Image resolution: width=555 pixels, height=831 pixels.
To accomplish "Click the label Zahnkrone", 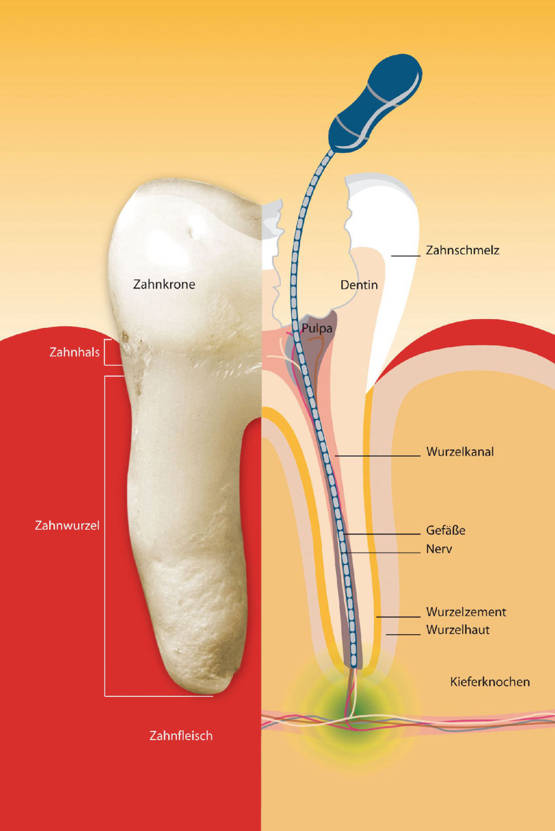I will pyautogui.click(x=164, y=284).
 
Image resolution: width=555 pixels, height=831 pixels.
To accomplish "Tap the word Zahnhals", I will pyautogui.click(x=75, y=352).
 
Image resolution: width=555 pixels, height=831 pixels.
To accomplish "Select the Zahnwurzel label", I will pyautogui.click(x=67, y=525).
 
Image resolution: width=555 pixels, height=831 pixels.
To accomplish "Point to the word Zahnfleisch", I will pyautogui.click(x=181, y=735).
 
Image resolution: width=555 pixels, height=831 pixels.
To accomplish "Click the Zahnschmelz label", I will pyautogui.click(x=462, y=250).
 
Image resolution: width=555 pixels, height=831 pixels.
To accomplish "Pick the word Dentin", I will pyautogui.click(x=359, y=285).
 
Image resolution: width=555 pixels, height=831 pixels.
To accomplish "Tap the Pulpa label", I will pyautogui.click(x=317, y=328).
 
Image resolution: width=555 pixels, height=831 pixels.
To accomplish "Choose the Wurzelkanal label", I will pyautogui.click(x=460, y=452).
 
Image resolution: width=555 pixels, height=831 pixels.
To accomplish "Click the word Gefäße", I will pyautogui.click(x=446, y=530).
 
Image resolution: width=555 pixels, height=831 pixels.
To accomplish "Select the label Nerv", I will pyautogui.click(x=439, y=549).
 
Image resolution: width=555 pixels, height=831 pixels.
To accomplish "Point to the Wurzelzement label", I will pyautogui.click(x=466, y=612).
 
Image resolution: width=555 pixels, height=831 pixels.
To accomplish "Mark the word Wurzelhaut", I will pyautogui.click(x=458, y=630).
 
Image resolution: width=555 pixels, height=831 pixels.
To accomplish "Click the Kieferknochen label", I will pyautogui.click(x=490, y=682).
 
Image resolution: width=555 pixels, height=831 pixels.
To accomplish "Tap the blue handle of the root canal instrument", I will pyautogui.click(x=375, y=103).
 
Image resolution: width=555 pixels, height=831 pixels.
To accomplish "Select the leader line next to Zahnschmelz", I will pyautogui.click(x=406, y=255).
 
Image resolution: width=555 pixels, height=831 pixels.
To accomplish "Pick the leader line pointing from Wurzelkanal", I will pyautogui.click(x=378, y=456).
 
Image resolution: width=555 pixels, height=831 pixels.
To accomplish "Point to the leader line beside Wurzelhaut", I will pyautogui.click(x=403, y=635).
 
